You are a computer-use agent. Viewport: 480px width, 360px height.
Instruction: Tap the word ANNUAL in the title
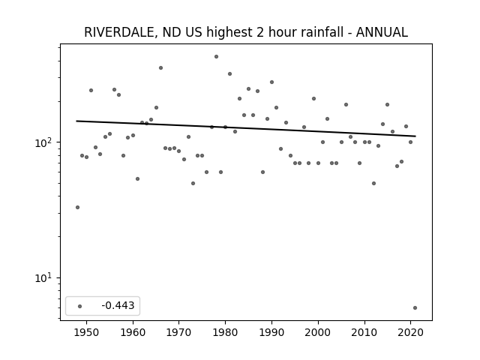[x=382, y=32]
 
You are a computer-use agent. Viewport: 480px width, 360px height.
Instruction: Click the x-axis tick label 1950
[x=87, y=332]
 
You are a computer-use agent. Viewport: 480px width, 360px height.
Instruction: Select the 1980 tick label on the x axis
[x=225, y=332]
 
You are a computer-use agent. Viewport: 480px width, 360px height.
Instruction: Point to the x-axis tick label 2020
[x=410, y=332]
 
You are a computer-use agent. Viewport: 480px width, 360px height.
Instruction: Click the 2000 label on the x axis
[x=318, y=332]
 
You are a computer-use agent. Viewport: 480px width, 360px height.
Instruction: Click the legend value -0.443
[x=118, y=305]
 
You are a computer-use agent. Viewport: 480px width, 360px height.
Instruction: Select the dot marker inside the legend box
[x=80, y=306]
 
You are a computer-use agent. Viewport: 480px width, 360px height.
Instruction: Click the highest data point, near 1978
[x=216, y=57]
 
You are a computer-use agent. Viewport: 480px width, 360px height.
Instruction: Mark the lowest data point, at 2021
[x=415, y=308]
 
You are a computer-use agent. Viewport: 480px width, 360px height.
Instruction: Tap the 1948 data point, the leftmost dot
[x=77, y=207]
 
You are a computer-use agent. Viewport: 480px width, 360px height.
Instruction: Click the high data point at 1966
[x=160, y=68]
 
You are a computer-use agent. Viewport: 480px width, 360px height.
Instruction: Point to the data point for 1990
[x=271, y=82]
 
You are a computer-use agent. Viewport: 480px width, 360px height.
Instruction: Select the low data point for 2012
[x=373, y=183]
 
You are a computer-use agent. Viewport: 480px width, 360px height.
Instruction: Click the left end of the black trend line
[x=76, y=121]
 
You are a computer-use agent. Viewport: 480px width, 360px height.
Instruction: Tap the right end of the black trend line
[x=415, y=136]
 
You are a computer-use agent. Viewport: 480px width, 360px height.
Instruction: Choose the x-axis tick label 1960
[x=133, y=332]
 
